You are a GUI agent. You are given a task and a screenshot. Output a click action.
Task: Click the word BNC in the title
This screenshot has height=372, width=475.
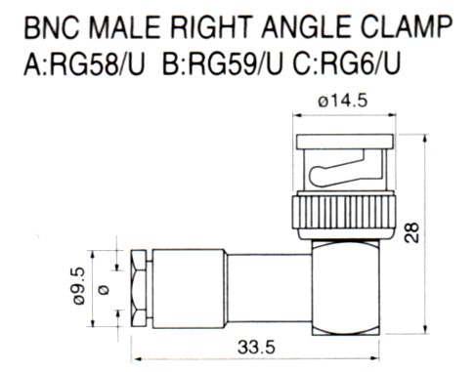point(52,27)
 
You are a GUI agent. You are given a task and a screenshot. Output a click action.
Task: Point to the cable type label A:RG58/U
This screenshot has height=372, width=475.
point(84,64)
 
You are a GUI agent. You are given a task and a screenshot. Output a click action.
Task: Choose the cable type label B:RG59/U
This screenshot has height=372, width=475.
point(223,64)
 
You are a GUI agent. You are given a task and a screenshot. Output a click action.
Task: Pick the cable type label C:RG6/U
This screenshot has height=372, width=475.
point(346,64)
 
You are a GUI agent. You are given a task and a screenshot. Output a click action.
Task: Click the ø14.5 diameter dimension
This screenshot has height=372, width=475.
point(343,101)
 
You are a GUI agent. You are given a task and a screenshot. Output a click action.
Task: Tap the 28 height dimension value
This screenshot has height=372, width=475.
point(411,232)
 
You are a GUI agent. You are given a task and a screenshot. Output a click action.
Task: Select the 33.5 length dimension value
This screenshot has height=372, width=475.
point(256,348)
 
